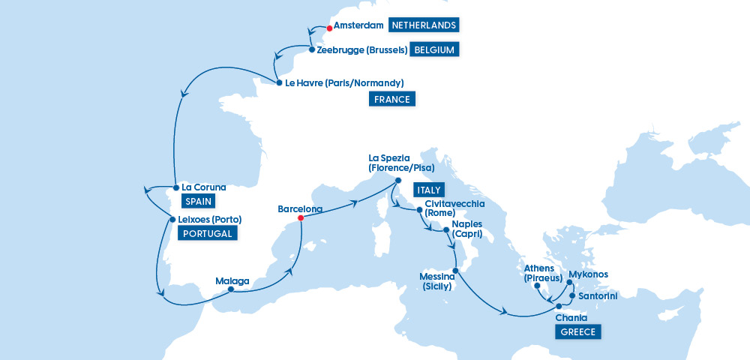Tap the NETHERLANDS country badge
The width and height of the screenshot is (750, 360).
point(424,25)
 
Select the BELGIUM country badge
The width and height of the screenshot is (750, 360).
point(434,50)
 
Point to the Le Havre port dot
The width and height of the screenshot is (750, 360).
point(279,82)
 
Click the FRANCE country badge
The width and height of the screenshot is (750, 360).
point(392,99)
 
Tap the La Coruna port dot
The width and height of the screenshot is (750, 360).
point(175,187)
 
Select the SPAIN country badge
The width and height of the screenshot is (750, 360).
point(198,201)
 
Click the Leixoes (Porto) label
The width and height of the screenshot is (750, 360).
point(211,220)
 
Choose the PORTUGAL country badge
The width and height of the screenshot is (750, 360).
point(207,233)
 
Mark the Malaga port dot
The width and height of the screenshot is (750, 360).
point(231,289)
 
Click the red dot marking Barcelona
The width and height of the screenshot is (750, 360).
point(300,218)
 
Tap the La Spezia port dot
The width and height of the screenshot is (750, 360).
point(399,179)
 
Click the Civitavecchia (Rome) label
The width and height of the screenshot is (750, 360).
point(454,208)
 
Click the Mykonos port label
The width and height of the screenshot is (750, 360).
point(589,274)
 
